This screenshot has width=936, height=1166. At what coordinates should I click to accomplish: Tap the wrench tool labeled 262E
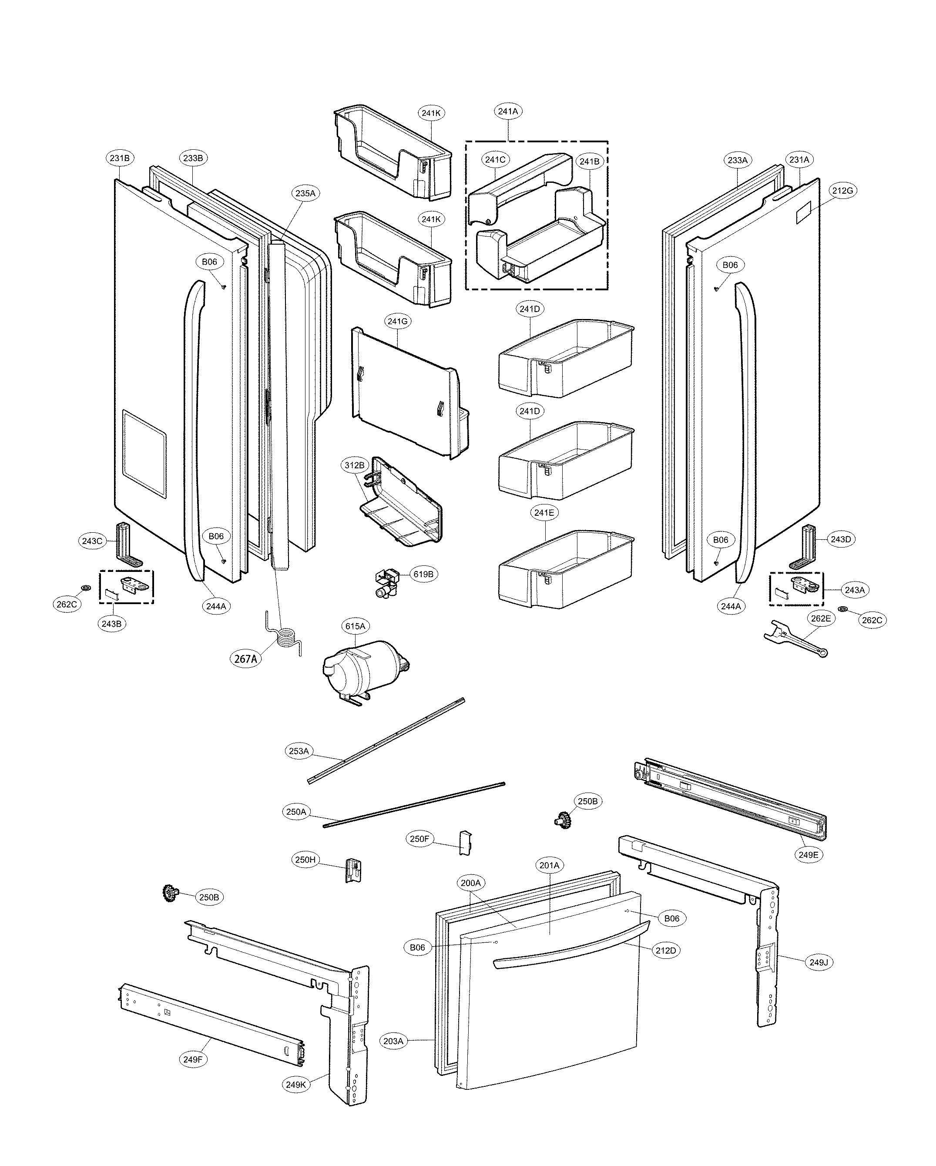point(793,638)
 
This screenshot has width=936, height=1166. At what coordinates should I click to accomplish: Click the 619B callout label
point(423,575)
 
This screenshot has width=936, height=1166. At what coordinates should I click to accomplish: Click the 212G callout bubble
point(842,190)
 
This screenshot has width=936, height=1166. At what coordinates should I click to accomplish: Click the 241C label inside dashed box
point(495,160)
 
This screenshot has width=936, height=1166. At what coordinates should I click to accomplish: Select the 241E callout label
point(544,513)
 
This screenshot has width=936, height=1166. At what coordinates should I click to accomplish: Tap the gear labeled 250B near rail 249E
point(564,820)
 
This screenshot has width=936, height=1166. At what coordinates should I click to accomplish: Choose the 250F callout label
point(419,839)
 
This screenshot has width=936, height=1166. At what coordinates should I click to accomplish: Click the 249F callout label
point(192,1059)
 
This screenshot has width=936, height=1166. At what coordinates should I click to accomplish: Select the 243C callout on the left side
point(91,541)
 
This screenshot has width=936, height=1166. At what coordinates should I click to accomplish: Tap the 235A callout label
point(305,193)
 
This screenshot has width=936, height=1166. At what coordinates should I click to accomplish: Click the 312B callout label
point(355,465)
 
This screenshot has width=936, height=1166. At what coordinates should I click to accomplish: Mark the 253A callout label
point(299,751)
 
